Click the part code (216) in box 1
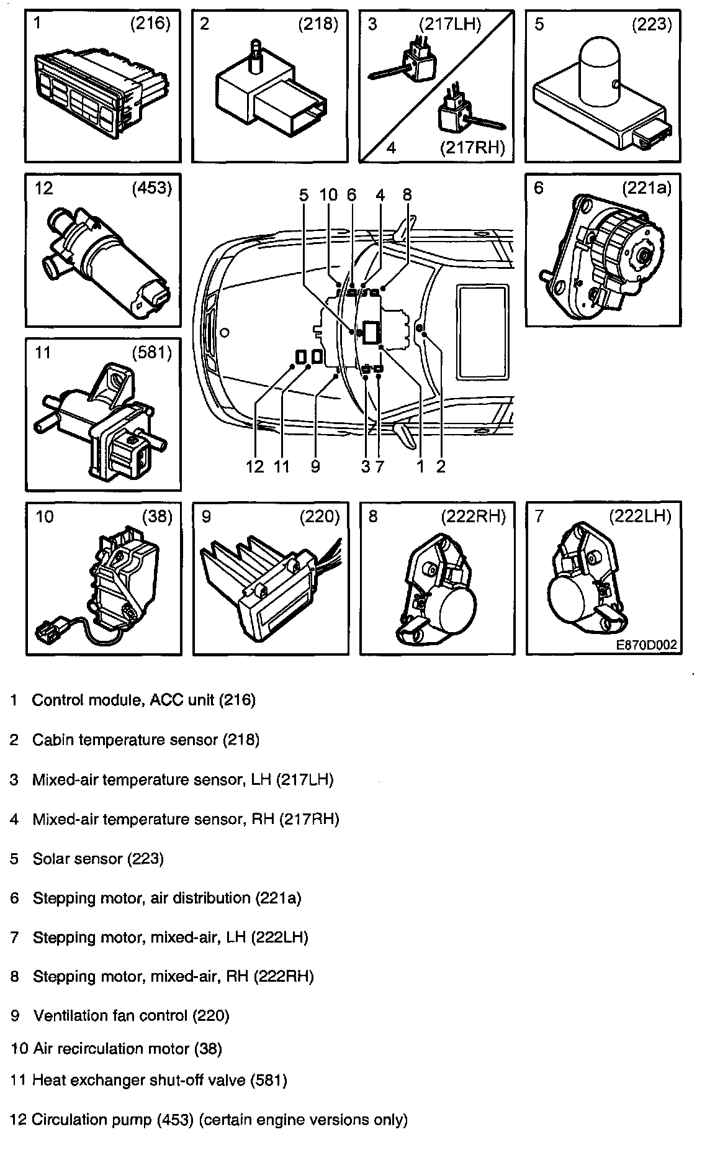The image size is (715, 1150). pos(150,24)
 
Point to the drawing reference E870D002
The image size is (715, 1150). pos(646,645)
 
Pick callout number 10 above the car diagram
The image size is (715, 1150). pos(328,195)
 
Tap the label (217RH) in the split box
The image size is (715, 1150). pos(471,148)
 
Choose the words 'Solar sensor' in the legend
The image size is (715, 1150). pos(78,859)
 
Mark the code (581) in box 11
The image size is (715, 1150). pos(151,352)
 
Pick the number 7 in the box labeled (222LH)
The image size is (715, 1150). pos(539,517)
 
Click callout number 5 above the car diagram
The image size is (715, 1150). pos(303,195)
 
